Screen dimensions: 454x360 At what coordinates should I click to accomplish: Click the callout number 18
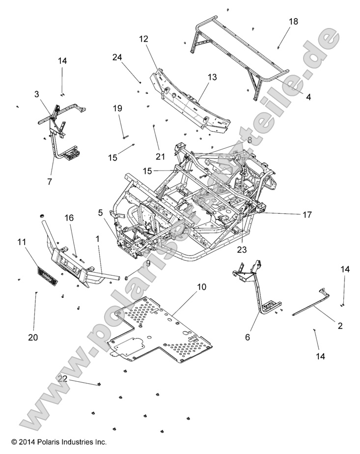(293, 22)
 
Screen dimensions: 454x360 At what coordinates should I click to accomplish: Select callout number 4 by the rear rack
(308, 97)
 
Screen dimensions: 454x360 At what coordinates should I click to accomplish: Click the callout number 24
(117, 57)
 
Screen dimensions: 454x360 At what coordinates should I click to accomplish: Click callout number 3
(36, 93)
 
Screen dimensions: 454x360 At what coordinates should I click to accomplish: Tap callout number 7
(49, 181)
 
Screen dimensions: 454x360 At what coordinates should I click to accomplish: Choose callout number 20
(34, 338)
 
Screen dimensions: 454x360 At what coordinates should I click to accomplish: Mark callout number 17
(307, 214)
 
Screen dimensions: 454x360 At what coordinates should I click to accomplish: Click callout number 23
(241, 249)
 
